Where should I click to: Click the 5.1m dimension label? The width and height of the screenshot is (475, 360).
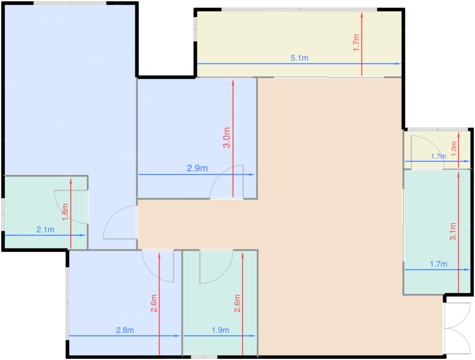[x=299, y=58]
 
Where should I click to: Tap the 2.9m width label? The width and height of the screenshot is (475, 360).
[x=197, y=168]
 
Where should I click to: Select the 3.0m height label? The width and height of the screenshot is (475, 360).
[x=227, y=138]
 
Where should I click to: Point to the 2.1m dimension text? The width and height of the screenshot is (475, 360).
[x=45, y=230]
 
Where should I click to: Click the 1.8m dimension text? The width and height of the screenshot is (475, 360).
[x=65, y=212]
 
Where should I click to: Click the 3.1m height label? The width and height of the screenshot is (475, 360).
[x=453, y=232]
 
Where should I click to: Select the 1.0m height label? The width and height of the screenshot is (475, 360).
[x=454, y=149]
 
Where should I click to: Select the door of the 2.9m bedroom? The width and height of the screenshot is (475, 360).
[x=226, y=182]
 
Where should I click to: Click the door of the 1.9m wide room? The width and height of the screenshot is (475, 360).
[x=216, y=267]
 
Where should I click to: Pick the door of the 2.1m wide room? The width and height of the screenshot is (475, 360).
[x=71, y=207]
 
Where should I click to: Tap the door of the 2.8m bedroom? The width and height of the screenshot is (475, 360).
[x=158, y=266]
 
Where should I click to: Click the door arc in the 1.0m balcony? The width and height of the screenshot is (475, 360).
[x=428, y=152]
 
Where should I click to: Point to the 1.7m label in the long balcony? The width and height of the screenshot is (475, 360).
[x=356, y=43]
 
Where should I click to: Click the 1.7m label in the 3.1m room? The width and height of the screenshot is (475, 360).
[x=438, y=264]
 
